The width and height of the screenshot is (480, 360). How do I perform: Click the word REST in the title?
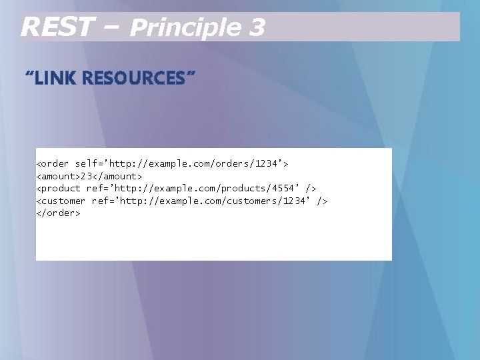[x=56, y=27]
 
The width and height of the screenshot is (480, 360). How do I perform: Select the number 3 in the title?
[x=257, y=27]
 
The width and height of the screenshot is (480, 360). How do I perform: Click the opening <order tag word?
[x=52, y=163]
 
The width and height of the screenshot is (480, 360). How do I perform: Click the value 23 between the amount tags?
[x=86, y=176]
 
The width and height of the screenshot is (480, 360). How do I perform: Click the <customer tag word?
[x=61, y=201]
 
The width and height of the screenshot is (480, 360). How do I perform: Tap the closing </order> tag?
[x=58, y=213]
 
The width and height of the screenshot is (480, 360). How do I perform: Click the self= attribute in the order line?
[x=89, y=163]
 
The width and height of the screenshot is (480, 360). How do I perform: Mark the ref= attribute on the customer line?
[x=103, y=201]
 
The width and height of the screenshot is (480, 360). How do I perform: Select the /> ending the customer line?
[x=323, y=201]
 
